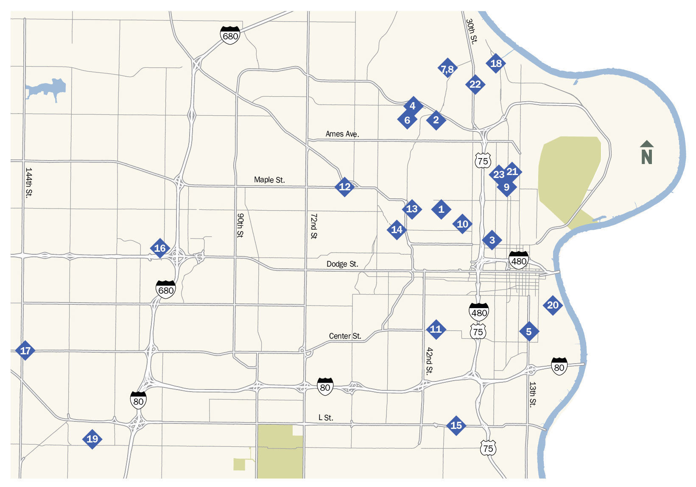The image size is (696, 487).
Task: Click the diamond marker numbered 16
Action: coord(160,248)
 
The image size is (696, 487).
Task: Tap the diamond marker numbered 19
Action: coord(92,439)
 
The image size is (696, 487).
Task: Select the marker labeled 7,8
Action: coord(447,69)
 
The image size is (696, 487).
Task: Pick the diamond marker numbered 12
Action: coord(345,186)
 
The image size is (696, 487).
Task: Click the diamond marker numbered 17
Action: coord(25,351)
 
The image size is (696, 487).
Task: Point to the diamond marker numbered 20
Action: coord(553,305)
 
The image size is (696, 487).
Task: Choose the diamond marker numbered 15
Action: coord(456,425)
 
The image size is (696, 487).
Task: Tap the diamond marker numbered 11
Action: coord(436,329)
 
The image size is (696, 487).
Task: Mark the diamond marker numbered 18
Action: coord(496,63)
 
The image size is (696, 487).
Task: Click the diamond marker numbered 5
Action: coord(529,331)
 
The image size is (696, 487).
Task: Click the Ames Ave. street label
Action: coord(342,134)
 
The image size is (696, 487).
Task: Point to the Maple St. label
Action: coord(269,180)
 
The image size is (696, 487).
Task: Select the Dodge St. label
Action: coord(342,264)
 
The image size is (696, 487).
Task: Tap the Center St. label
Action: coord(345,336)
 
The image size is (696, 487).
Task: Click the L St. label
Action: coord(326,417)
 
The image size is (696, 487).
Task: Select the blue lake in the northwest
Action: coord(47,89)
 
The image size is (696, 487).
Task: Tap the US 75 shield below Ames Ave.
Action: coord(483,160)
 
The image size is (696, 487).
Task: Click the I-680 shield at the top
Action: coord(230,35)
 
